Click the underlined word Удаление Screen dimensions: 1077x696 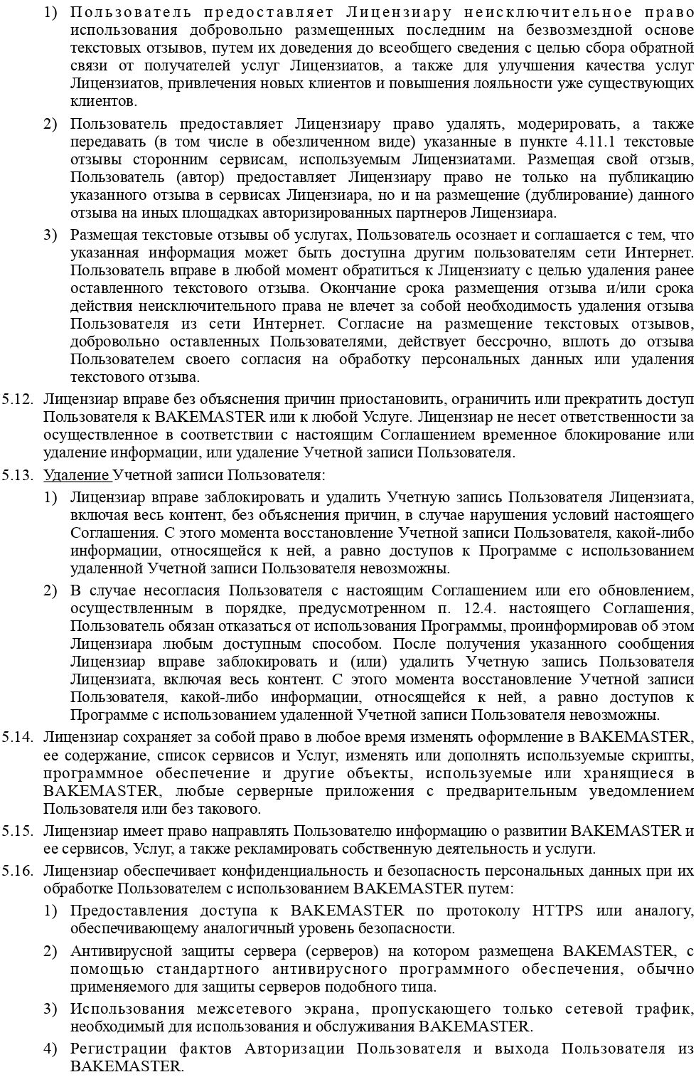[x=76, y=475]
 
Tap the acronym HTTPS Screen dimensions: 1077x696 [x=557, y=911]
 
